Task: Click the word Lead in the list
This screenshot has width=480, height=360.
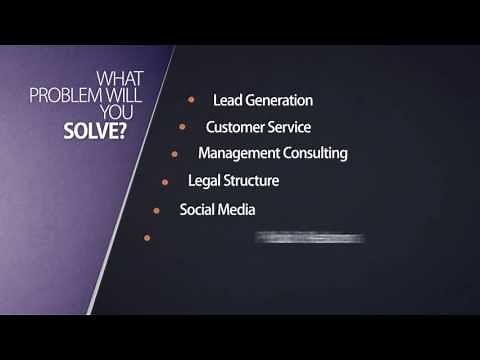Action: tap(227, 100)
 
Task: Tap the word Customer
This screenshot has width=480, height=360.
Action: tap(235, 127)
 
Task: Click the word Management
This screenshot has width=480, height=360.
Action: tap(239, 154)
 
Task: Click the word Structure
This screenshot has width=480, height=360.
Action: tap(251, 181)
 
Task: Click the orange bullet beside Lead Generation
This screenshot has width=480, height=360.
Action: tap(190, 100)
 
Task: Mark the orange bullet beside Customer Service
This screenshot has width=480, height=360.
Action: tap(182, 127)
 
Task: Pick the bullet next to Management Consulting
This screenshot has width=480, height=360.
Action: tap(174, 154)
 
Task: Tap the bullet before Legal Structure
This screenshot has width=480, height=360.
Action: tap(165, 182)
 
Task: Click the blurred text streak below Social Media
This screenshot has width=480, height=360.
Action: tap(310, 238)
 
